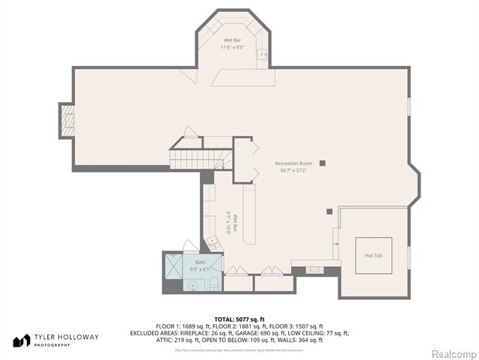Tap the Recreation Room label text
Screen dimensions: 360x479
coord(293,163)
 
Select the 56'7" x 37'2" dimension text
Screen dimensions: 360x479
coord(293,169)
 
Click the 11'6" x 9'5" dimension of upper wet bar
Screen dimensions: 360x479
coord(231,47)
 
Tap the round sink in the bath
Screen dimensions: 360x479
coord(192,284)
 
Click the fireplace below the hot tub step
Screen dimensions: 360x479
coord(315,269)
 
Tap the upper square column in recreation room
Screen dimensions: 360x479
coord(323,163)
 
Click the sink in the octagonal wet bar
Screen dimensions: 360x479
coord(262,54)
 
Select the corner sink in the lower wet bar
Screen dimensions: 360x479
coord(213,241)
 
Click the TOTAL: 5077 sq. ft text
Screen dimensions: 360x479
coord(239,319)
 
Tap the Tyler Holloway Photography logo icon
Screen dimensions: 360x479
coord(22,340)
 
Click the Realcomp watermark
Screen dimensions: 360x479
coord(452,353)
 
